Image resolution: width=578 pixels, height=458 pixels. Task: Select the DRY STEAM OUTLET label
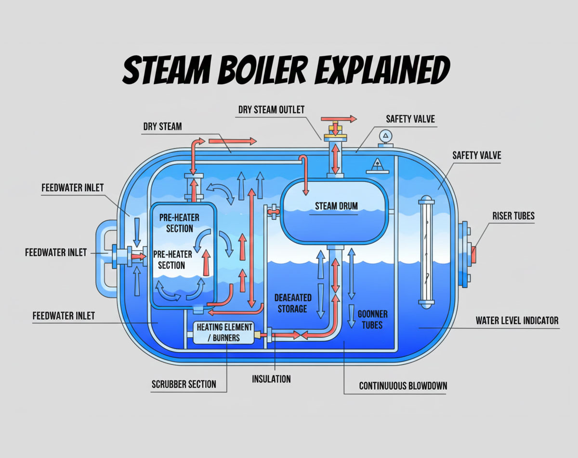pyautogui.click(x=271, y=110)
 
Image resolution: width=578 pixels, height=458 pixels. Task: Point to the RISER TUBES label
pyautogui.click(x=513, y=216)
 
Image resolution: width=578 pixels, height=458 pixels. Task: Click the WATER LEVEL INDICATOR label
pyautogui.click(x=517, y=320)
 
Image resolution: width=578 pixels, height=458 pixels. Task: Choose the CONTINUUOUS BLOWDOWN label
pyautogui.click(x=403, y=386)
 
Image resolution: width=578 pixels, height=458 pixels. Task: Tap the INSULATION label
pyautogui.click(x=271, y=379)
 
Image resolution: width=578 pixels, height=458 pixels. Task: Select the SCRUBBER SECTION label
pyautogui.click(x=184, y=384)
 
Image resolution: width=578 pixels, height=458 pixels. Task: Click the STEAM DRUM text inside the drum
pyautogui.click(x=336, y=206)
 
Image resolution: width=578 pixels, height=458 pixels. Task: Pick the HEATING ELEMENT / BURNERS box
pyautogui.click(x=224, y=333)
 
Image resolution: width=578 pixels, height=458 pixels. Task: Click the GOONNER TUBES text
pyautogui.click(x=372, y=319)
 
